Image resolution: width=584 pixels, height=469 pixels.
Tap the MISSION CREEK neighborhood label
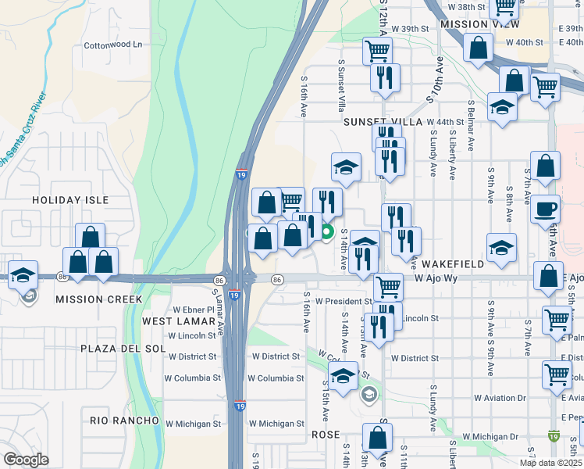tap(98, 299)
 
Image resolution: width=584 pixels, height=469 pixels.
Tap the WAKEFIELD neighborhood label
tap(439, 264)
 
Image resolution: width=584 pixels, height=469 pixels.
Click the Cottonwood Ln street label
tap(115, 45)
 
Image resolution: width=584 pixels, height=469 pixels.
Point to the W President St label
tap(337, 301)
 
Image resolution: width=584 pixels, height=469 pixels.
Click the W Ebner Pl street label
tap(193, 310)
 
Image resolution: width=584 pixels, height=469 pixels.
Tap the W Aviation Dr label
tap(498, 398)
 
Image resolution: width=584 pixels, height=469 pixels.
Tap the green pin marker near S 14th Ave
tap(327, 231)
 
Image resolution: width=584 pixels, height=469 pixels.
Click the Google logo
tap(27, 460)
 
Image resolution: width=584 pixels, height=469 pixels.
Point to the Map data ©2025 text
tap(550, 463)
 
